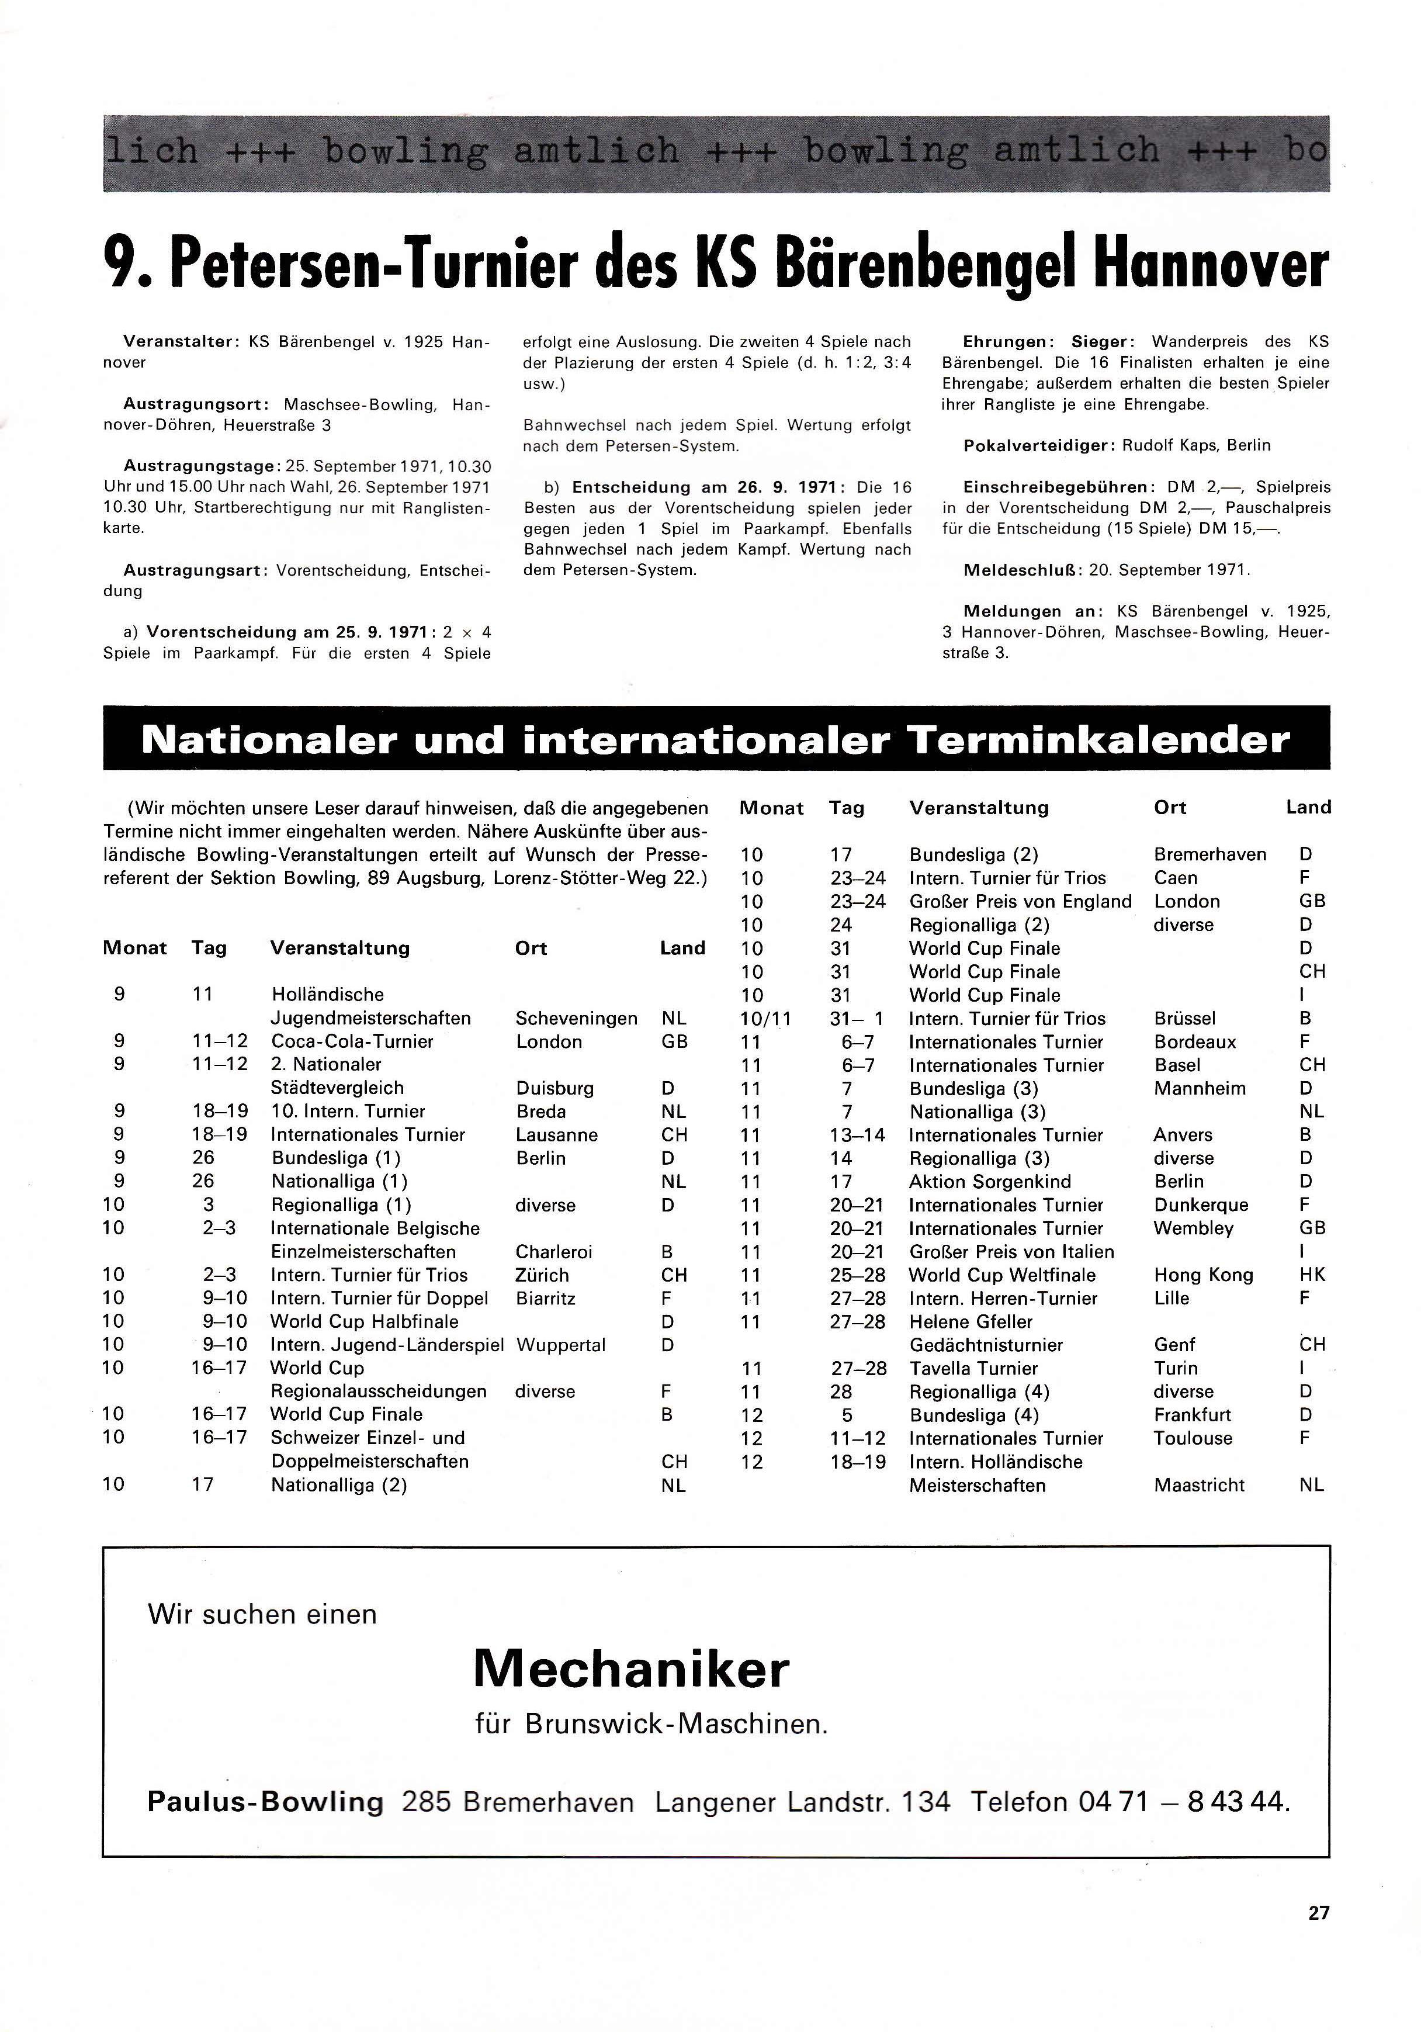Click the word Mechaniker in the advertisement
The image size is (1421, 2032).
coord(631,1670)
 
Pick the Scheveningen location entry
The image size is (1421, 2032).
coord(576,1019)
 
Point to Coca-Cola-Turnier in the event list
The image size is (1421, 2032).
coord(352,1041)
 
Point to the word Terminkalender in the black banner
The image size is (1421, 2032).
coord(1097,740)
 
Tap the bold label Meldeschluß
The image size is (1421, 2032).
coord(1022,570)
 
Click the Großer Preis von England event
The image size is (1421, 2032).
coord(1020,902)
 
